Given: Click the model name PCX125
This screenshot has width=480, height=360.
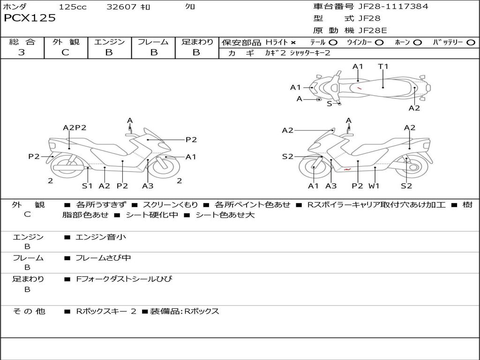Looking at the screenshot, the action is point(30,18).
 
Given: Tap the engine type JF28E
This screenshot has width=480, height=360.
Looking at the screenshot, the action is point(373,30).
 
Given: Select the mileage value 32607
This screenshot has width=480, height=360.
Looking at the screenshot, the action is point(121,7).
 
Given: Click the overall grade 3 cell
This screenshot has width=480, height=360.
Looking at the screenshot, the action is point(22,52).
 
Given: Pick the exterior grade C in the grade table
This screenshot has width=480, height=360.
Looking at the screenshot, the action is point(66,52).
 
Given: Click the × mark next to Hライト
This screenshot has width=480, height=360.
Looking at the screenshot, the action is point(293,43).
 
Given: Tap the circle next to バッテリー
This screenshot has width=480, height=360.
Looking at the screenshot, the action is point(471,43).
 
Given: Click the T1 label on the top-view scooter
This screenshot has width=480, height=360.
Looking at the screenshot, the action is point(383,66).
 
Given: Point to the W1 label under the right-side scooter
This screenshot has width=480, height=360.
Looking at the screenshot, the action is point(374,186).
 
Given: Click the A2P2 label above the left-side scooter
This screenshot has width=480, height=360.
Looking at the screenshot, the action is point(75,127).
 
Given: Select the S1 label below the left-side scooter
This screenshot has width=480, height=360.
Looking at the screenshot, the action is point(87,186).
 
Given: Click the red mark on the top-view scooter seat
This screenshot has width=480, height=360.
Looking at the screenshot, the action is point(359,88).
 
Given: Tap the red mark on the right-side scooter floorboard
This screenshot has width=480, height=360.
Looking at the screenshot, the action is point(347,169).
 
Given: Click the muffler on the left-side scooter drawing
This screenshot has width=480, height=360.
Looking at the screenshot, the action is point(69,168).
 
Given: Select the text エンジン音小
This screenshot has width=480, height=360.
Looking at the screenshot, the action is point(101,237).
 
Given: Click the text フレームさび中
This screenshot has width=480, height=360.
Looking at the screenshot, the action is point(103,258).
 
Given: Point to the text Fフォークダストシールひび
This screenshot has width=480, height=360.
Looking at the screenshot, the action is point(124,279).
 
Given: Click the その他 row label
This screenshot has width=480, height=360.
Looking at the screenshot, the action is point(29,311).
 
